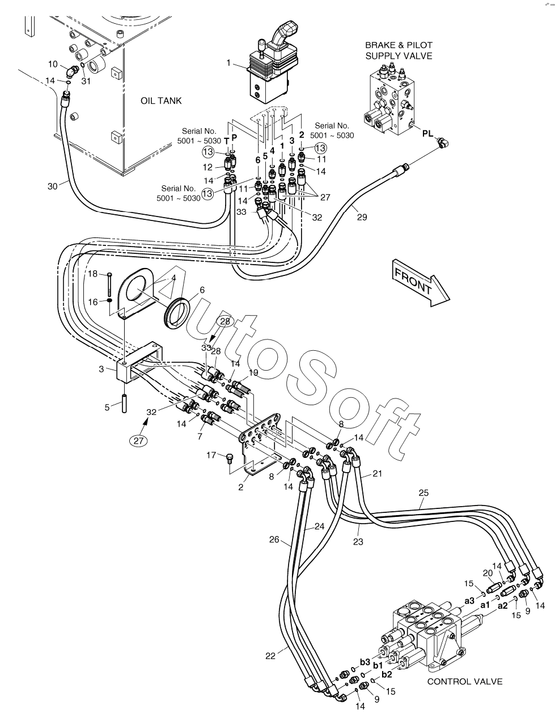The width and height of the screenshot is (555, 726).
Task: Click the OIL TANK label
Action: point(161,101)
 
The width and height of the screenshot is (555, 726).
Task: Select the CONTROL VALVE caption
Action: point(464,681)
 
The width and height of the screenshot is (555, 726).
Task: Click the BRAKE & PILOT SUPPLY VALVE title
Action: point(399,50)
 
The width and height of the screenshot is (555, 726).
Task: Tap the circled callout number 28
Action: point(225,321)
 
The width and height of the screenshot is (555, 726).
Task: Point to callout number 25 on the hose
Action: point(423,493)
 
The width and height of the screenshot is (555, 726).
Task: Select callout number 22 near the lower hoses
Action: point(270,656)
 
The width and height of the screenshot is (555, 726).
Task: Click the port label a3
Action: point(469,601)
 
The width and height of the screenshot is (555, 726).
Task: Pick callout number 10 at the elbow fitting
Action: point(53,63)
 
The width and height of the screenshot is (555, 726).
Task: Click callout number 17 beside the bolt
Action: point(211,455)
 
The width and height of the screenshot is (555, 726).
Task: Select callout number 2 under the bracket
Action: point(240,487)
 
